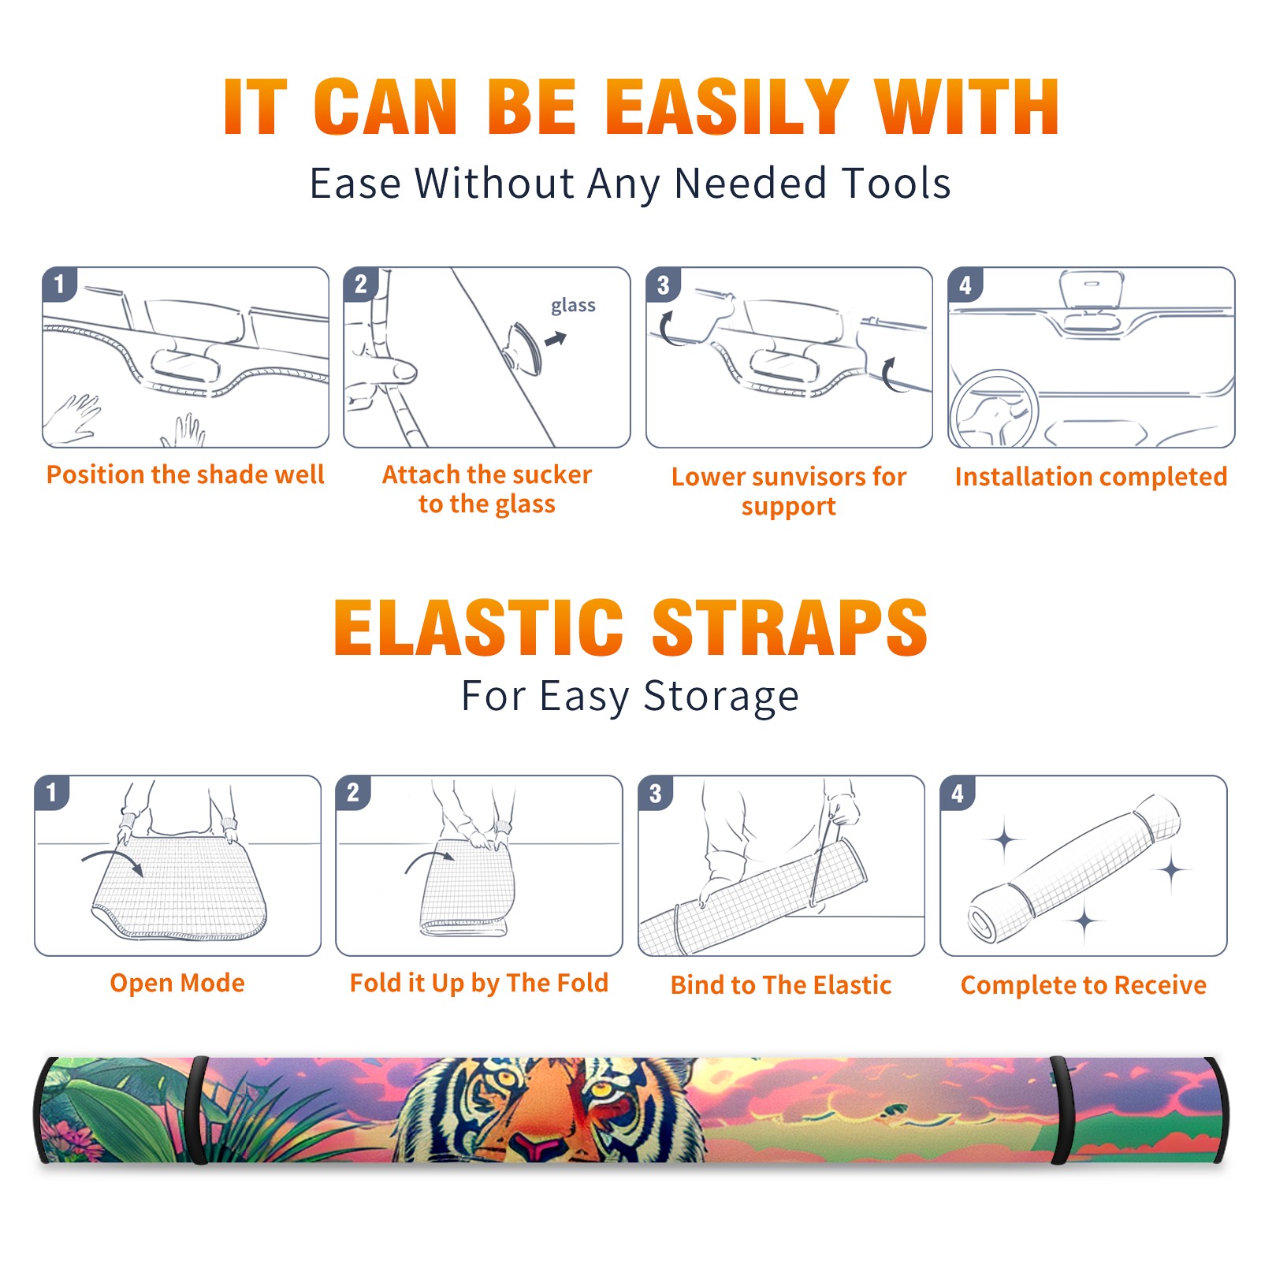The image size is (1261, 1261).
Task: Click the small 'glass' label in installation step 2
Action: click(573, 306)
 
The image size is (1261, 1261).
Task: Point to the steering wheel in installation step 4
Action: click(993, 410)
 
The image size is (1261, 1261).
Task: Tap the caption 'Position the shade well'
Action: click(185, 474)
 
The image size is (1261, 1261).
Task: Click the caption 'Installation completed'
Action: click(1091, 476)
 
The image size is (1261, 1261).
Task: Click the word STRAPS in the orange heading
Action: click(790, 627)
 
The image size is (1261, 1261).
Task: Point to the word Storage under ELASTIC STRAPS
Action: click(721, 697)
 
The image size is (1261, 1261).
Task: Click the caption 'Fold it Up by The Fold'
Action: click(479, 983)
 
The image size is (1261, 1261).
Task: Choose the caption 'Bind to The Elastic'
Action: click(780, 985)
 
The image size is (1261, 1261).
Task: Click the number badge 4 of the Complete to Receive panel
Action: click(958, 793)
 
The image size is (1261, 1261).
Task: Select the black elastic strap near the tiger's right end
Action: click(1061, 1110)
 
